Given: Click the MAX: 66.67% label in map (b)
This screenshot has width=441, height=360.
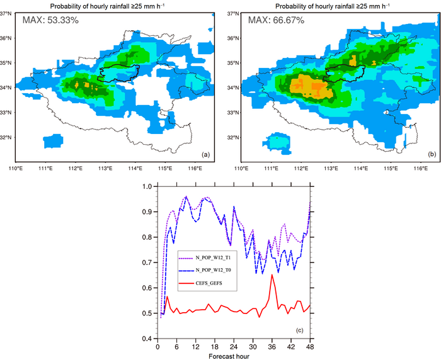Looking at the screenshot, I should [276, 21].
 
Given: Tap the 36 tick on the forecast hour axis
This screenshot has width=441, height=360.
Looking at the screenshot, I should [272, 346].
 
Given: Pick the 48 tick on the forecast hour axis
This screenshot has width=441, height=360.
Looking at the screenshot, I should [310, 346].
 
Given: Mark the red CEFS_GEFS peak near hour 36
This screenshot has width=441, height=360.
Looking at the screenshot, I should [272, 275].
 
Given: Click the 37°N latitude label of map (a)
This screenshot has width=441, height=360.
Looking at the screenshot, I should [8, 13].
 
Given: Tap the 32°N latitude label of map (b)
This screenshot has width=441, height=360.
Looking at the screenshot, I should [232, 138].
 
